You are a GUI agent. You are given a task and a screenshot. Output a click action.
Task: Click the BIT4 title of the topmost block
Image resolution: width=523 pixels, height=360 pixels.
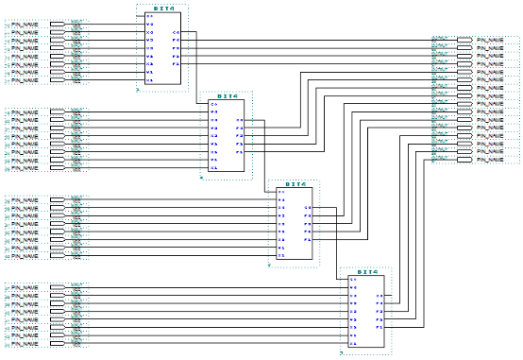tap(162, 9)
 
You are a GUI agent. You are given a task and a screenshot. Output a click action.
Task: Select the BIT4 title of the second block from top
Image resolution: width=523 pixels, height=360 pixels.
tap(227, 95)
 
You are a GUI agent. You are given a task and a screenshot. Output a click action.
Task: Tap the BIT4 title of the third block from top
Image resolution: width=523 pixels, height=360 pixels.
tap(295, 184)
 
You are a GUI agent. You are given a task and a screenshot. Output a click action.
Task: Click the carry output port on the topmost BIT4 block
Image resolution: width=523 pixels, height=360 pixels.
tap(177, 32)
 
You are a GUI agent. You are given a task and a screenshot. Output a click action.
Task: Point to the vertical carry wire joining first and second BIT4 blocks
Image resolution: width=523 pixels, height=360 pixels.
tap(196, 67)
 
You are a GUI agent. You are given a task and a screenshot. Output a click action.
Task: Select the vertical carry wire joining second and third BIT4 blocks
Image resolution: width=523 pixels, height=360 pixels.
tap(264, 156)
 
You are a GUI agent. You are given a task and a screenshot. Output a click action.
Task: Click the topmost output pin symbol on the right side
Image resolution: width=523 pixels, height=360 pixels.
tap(464, 41)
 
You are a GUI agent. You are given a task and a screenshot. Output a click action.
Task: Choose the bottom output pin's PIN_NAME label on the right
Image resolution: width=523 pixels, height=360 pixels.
tap(494, 160)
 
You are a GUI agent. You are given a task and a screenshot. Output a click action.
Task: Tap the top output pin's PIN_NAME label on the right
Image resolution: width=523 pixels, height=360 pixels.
tap(494, 41)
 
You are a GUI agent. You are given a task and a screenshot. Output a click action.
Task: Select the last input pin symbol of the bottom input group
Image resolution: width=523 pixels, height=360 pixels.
tap(58, 345)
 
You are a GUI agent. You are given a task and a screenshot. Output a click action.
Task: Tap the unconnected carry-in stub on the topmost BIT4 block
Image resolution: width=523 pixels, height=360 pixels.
tap(142, 16)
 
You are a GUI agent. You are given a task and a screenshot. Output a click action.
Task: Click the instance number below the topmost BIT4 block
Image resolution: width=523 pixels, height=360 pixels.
tap(138, 91)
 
